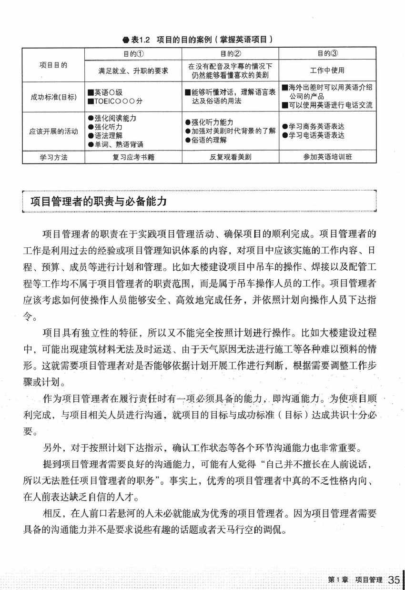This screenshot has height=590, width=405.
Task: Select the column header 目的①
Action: (133, 53)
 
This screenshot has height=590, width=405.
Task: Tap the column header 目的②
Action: (231, 53)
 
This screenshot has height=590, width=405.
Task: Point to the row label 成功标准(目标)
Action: (53, 98)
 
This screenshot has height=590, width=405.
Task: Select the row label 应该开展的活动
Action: (53, 132)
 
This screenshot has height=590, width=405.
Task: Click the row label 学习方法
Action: (53, 157)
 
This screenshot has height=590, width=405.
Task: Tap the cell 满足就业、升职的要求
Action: (133, 71)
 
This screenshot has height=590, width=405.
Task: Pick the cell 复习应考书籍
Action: (133, 157)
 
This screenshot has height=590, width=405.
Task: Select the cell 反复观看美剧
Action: (231, 157)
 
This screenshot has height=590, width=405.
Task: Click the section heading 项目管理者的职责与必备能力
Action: (99, 202)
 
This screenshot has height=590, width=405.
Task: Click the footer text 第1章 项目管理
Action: (354, 580)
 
